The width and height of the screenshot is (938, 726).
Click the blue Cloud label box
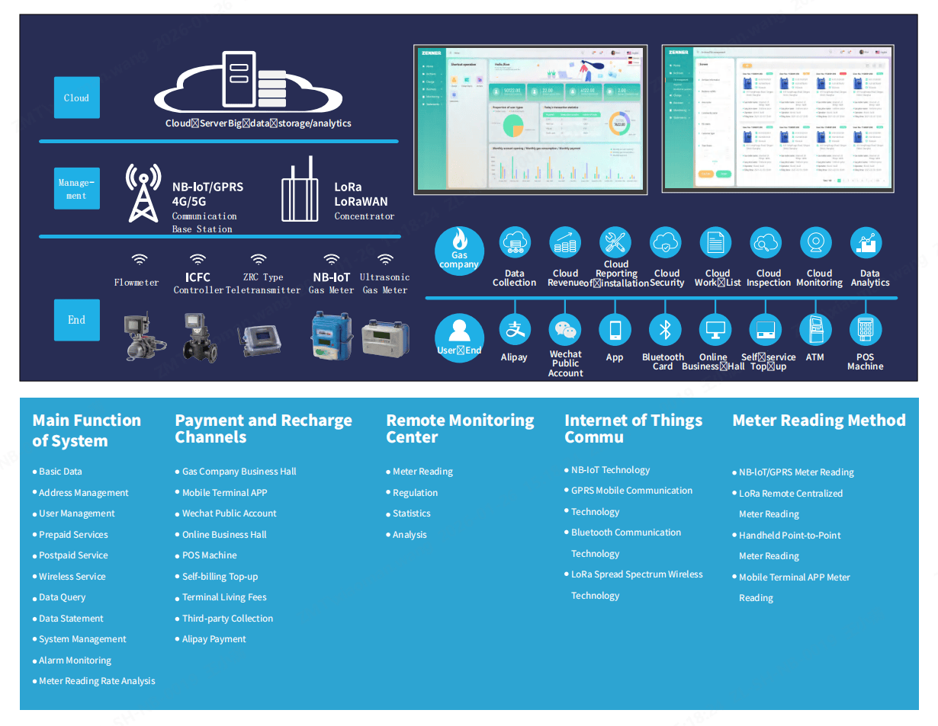pos(76,98)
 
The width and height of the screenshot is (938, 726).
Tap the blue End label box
pos(76,320)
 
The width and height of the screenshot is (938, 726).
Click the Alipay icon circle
pos(515,330)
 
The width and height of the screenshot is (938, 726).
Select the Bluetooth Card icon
pos(664,330)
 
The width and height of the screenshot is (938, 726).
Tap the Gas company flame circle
pos(459,251)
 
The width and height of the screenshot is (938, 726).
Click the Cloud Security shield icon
pos(665,244)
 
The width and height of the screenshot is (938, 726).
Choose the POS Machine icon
pos(866,330)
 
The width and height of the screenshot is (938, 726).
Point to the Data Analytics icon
pos(866,244)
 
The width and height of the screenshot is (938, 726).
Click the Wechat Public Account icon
pos(565,330)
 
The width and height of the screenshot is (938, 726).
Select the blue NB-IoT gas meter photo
pos(329,336)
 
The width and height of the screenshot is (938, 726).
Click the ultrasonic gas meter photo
pos(384,336)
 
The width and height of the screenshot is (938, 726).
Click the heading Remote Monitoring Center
pos(460,428)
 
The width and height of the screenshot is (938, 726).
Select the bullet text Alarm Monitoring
pos(75,660)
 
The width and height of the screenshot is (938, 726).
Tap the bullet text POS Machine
pos(209,555)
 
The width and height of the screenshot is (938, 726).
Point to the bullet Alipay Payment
pos(214,639)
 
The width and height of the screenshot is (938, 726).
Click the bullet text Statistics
pos(411,513)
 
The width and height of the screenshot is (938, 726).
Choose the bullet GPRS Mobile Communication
pos(631,491)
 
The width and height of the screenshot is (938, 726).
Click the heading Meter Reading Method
pos(818,421)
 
